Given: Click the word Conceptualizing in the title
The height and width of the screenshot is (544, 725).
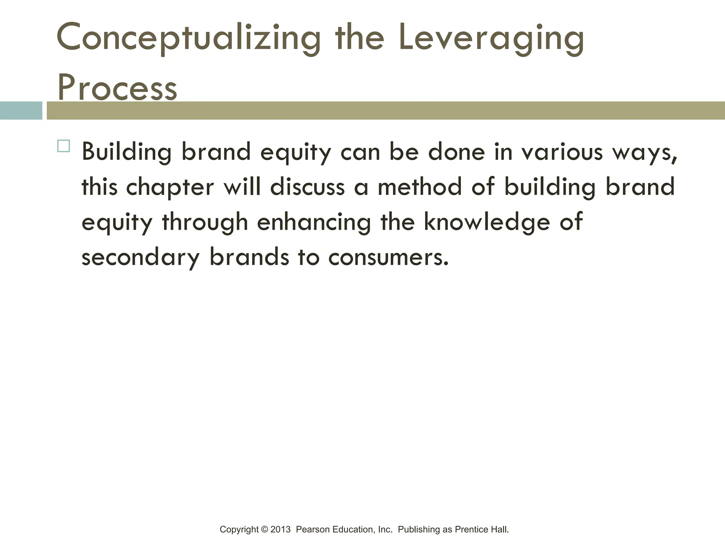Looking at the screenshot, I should click(188, 38).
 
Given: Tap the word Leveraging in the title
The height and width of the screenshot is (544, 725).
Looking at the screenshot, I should click(491, 38).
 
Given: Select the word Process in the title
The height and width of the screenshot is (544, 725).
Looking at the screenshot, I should click(117, 87).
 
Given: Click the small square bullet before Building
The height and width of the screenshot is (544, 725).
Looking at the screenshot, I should click(63, 146).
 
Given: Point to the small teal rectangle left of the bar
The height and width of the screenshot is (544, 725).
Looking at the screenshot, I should click(21, 110).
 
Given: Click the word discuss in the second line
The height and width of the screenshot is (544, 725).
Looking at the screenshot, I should click(307, 187).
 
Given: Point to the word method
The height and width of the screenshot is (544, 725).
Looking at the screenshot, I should click(419, 187).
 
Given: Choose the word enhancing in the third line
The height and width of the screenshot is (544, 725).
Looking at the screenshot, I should click(314, 222).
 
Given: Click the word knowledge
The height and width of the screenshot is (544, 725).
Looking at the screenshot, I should click(487, 222).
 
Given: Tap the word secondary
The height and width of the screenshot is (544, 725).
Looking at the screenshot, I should click(141, 257).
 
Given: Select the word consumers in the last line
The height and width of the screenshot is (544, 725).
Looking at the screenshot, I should click(388, 257).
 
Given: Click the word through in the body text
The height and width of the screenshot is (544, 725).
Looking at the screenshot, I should click(205, 222).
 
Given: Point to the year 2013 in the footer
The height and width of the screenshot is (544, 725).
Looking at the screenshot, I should click(280, 529).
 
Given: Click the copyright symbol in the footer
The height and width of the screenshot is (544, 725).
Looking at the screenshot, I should click(264, 529).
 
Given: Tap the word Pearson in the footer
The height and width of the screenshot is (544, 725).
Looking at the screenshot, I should click(313, 529).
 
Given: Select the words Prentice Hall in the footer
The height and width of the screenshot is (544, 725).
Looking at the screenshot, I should click(481, 529).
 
